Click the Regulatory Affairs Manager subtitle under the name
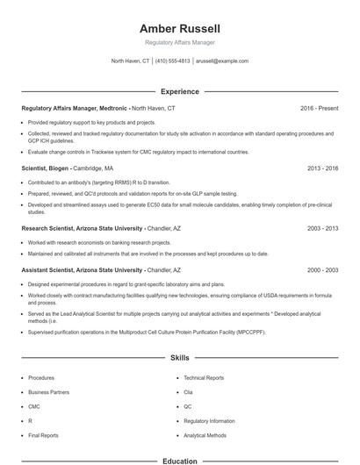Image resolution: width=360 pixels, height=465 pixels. [179, 42]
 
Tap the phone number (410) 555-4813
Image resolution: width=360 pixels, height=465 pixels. [173, 61]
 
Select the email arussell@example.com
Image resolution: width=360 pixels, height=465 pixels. [222, 61]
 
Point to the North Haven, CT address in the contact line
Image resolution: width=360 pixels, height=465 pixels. [130, 61]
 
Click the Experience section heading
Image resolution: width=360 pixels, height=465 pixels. [179, 91]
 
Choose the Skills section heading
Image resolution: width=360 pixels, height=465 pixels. [179, 358]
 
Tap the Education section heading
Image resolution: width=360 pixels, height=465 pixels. [179, 460]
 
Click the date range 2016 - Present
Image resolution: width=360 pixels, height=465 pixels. [319, 108]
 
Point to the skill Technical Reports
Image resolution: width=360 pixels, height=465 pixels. [204, 377]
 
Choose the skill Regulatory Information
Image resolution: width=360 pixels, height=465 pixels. [209, 420]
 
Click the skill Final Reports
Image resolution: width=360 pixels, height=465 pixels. [43, 435]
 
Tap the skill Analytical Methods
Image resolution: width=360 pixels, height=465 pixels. [205, 435]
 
